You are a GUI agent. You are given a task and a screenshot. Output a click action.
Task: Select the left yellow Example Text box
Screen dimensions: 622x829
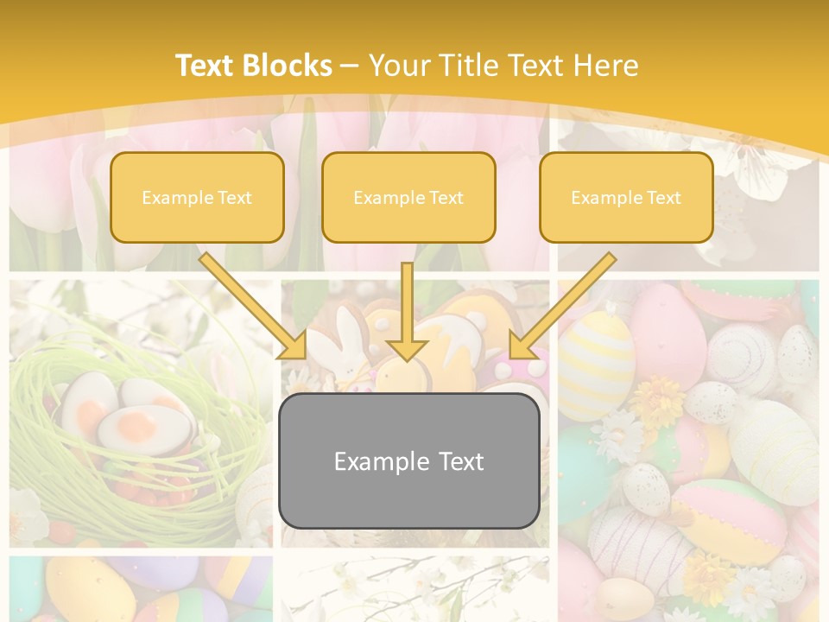click(x=197, y=197)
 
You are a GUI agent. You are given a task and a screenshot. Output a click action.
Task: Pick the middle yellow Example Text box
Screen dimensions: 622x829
click(x=408, y=197)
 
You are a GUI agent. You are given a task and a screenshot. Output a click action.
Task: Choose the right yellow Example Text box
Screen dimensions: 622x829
click(x=626, y=197)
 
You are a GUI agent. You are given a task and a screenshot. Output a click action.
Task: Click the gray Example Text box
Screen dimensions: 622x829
click(x=408, y=460)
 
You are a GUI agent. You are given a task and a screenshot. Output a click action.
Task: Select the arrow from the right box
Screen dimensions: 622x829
click(x=561, y=307)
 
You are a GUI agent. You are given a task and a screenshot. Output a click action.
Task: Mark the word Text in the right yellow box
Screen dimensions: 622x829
click(x=664, y=198)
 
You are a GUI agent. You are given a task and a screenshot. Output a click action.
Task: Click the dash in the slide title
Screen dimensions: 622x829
click(x=350, y=66)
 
